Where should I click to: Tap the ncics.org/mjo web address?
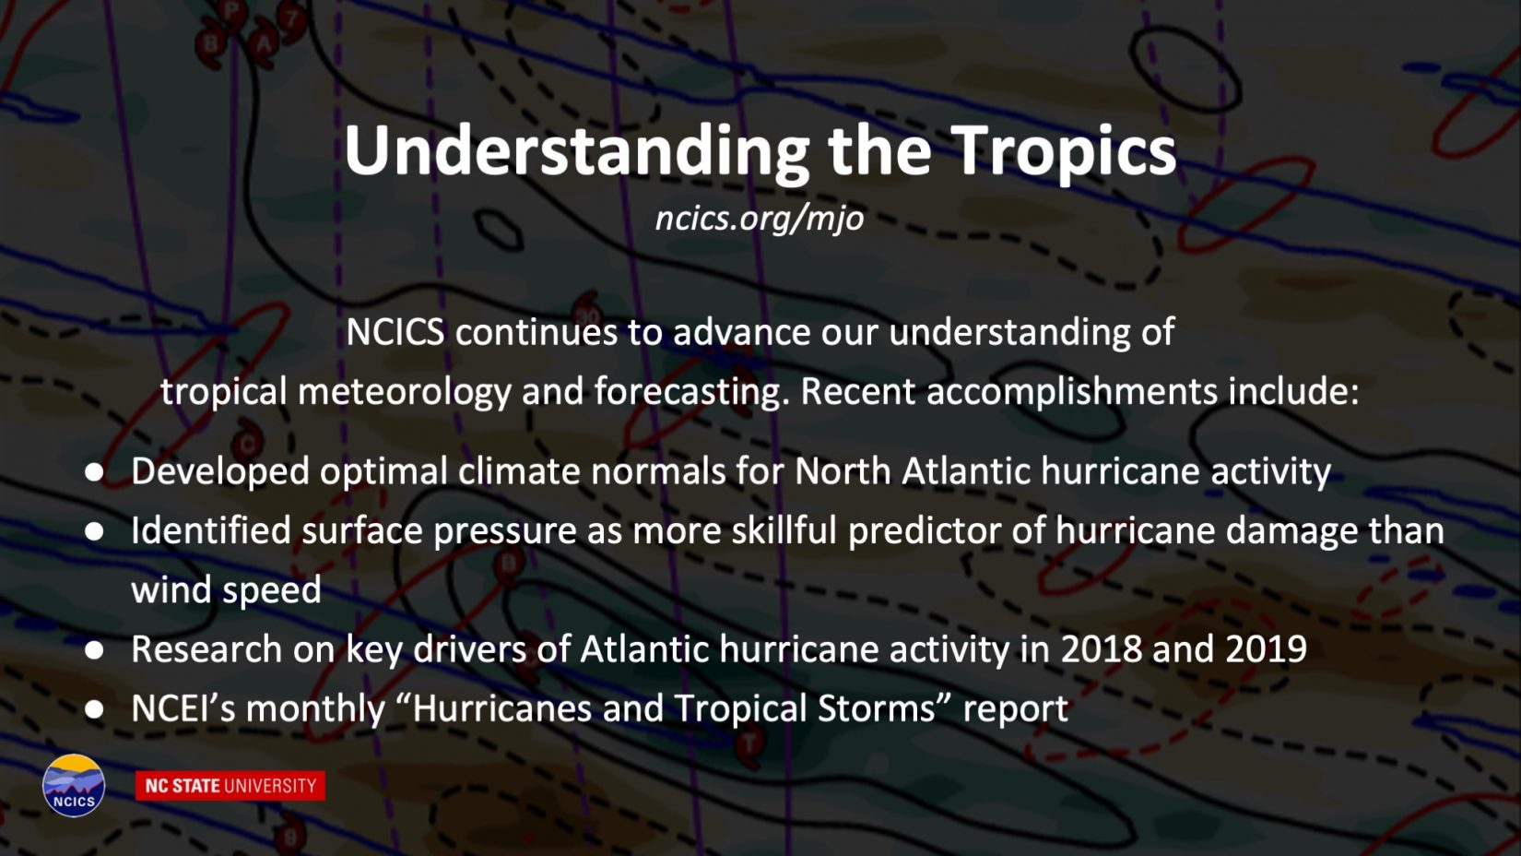click(760, 219)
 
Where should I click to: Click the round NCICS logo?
click(74, 785)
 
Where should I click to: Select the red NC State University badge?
click(230, 786)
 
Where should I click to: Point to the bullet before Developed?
click(94, 472)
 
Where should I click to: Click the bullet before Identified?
click(94, 531)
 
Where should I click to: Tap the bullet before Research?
click(94, 650)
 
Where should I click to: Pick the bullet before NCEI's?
click(94, 709)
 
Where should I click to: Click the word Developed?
click(220, 472)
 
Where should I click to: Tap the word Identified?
click(211, 530)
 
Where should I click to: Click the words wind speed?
click(226, 590)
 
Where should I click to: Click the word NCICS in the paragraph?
click(395, 332)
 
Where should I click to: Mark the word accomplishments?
click(1071, 393)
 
